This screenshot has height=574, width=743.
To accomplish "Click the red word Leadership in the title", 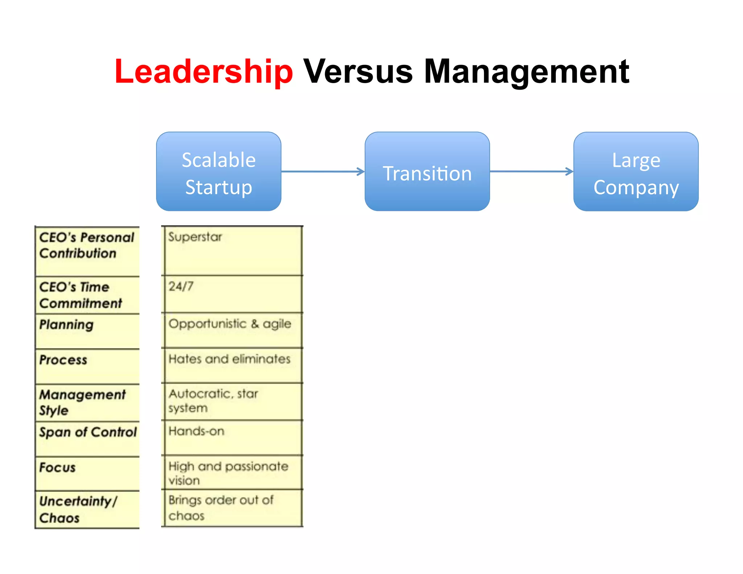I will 204,71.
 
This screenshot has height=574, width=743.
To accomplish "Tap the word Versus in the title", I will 358,71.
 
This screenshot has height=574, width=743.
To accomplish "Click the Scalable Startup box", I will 218,172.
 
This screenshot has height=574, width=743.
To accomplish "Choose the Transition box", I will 427,172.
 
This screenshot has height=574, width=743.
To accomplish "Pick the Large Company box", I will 636,172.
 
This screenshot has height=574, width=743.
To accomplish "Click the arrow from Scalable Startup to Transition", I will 323,172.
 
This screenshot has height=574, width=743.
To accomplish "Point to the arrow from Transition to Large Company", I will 531,172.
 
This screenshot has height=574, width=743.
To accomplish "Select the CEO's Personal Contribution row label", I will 87,245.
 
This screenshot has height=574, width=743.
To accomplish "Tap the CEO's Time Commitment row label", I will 81,295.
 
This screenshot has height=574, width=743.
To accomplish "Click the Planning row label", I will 67,325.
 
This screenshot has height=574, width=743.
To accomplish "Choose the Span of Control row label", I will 88,432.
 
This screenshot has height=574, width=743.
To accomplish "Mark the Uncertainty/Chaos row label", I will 78,509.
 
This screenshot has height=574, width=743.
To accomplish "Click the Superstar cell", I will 195,237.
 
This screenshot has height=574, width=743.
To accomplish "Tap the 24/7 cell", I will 181,287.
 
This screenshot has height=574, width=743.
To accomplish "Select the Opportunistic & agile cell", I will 230,324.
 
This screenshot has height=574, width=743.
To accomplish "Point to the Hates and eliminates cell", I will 229,359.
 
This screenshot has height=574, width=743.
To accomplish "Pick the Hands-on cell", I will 196,431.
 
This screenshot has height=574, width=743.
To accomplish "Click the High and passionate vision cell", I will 228,473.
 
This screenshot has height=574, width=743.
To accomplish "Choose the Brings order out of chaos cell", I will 221,508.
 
